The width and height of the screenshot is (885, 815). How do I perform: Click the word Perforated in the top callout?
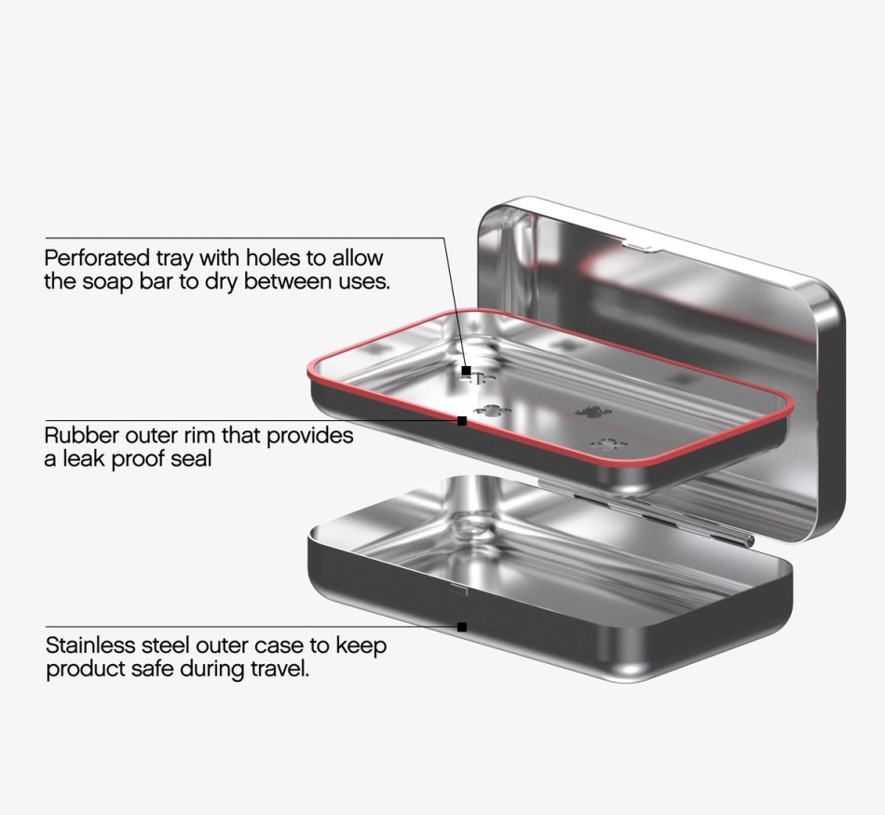click(96, 258)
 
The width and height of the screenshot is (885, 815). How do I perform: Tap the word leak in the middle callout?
click(84, 458)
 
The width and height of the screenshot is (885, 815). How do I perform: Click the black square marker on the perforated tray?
click(466, 371)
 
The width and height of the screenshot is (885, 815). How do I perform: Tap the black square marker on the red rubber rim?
click(462, 420)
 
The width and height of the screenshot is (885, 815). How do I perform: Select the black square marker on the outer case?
click(462, 627)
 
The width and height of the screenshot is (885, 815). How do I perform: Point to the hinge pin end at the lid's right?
click(749, 541)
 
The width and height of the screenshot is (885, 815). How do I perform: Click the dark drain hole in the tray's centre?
click(592, 412)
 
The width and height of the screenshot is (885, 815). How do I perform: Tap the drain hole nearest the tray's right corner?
click(608, 443)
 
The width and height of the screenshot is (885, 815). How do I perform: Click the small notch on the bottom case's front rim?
click(458, 591)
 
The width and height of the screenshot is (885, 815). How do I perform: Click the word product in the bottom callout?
click(86, 669)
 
